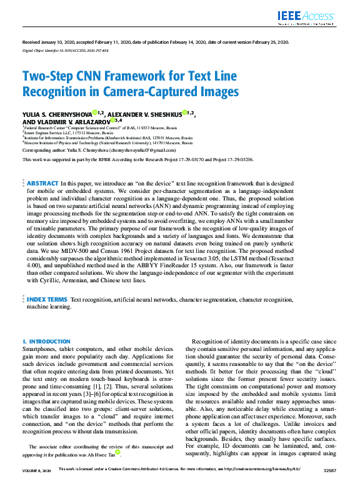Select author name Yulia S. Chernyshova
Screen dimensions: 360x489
coord(56,114)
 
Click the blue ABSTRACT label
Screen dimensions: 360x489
coord(42,184)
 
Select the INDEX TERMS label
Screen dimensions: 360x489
coord(47,300)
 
